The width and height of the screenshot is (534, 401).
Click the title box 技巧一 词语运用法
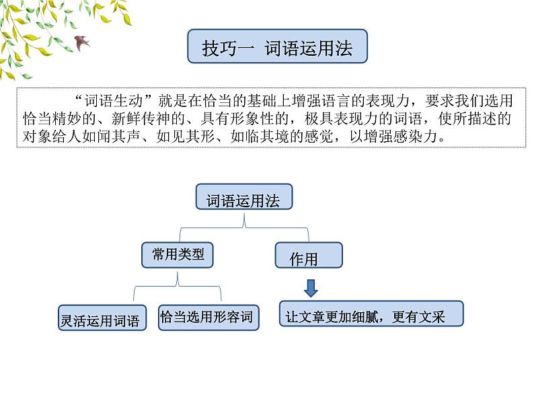pyautogui.click(x=277, y=46)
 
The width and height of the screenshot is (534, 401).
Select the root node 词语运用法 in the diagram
pyautogui.click(x=243, y=200)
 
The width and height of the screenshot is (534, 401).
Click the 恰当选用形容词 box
pyautogui.click(x=207, y=316)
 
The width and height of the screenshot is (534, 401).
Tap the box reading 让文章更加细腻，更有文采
pyautogui.click(x=371, y=314)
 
